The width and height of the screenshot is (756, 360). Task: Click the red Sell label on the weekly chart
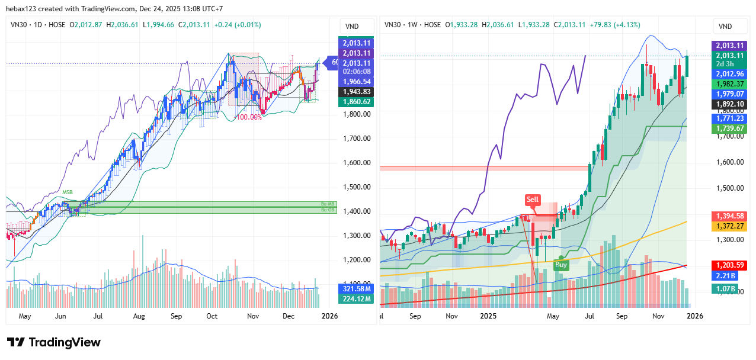click(533, 200)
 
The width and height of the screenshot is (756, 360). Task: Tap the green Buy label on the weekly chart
click(561, 265)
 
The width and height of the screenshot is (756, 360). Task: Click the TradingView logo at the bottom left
click(54, 342)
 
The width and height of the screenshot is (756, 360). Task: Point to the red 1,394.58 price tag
click(729, 216)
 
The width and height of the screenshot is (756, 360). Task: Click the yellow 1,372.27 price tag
click(729, 226)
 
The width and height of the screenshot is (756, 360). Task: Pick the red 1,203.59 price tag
click(729, 265)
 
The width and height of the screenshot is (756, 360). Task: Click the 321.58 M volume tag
click(355, 288)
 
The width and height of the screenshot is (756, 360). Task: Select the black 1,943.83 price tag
click(355, 92)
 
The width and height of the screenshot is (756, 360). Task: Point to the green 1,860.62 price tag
click(355, 102)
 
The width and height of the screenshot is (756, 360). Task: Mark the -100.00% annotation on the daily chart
click(249, 117)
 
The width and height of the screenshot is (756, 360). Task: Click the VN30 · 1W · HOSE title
click(413, 25)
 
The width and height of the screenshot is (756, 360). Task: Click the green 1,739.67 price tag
click(729, 128)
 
